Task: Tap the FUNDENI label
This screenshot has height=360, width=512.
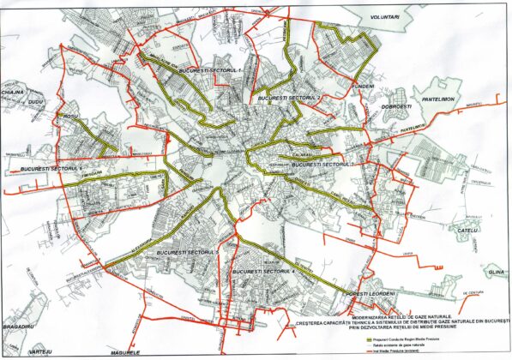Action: coord(366,87)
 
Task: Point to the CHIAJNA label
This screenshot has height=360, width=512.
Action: coord(13,89)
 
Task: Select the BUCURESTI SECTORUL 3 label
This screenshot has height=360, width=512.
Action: coord(323,163)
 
